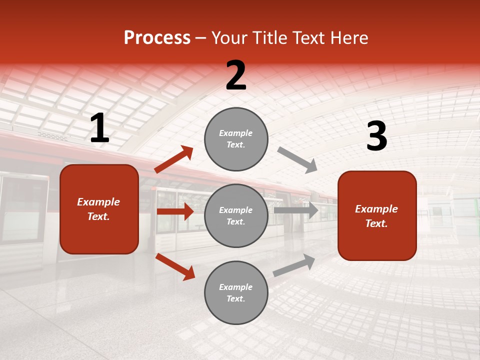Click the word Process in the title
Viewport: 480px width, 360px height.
click(x=157, y=38)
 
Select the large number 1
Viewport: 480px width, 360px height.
click(x=99, y=128)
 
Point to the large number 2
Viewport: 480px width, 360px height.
click(x=236, y=76)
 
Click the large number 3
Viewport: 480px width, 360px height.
click(x=376, y=136)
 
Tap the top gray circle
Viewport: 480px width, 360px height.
click(x=236, y=139)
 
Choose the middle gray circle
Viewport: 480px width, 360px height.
click(x=236, y=215)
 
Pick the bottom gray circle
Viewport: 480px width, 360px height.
click(x=236, y=292)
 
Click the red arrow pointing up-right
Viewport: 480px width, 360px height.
click(x=174, y=159)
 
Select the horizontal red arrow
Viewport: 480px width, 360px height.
click(x=175, y=211)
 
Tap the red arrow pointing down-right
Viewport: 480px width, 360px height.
click(x=175, y=266)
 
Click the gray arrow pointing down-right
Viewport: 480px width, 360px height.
click(x=297, y=159)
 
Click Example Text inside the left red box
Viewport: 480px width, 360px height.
click(x=98, y=209)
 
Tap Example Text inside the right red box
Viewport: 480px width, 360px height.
click(x=376, y=216)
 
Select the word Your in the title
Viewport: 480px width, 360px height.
click(x=228, y=38)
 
